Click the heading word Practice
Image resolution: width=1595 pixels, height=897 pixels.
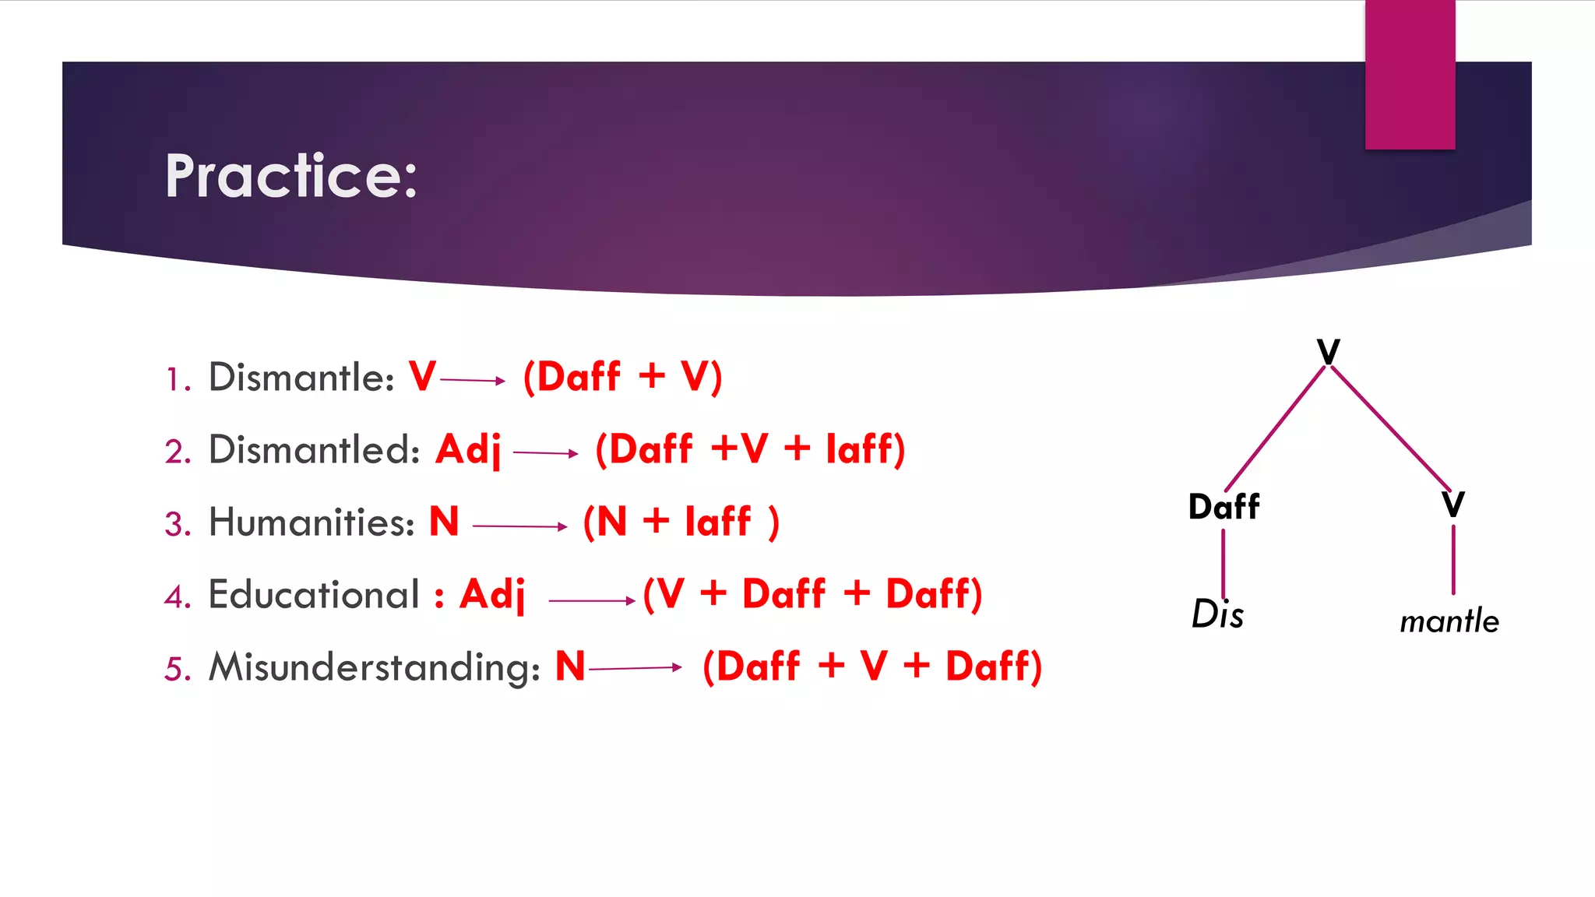pos(290,176)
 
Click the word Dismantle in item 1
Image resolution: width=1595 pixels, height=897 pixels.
pos(301,378)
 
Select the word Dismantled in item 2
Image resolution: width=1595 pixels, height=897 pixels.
pos(313,450)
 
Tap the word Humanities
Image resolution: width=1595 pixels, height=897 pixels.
pos(311,522)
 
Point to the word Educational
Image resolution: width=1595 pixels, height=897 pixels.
pos(313,595)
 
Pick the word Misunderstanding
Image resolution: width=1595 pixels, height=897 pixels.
pos(374,668)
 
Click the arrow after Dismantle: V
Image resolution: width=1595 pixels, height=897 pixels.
pos(473,380)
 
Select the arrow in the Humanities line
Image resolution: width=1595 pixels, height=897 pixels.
pos(519,526)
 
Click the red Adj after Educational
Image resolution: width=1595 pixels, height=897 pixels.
pos(492,596)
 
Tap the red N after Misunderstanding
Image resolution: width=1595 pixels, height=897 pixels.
pos(569,667)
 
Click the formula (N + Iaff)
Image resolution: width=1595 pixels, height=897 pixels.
pos(681,522)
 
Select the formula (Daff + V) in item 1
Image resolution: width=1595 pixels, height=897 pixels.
pos(622,378)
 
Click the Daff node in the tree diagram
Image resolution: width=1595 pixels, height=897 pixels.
pos(1224,507)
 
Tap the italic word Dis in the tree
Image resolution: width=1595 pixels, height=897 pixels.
pos(1217,614)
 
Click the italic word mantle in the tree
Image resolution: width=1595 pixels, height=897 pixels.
pos(1449,621)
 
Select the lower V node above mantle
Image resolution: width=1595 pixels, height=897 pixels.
pos(1452,505)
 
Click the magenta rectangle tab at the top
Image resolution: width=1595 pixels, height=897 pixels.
pos(1410,74)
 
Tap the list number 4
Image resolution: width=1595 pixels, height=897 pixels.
pos(177,597)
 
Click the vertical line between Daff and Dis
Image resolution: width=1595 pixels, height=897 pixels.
pos(1224,562)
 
